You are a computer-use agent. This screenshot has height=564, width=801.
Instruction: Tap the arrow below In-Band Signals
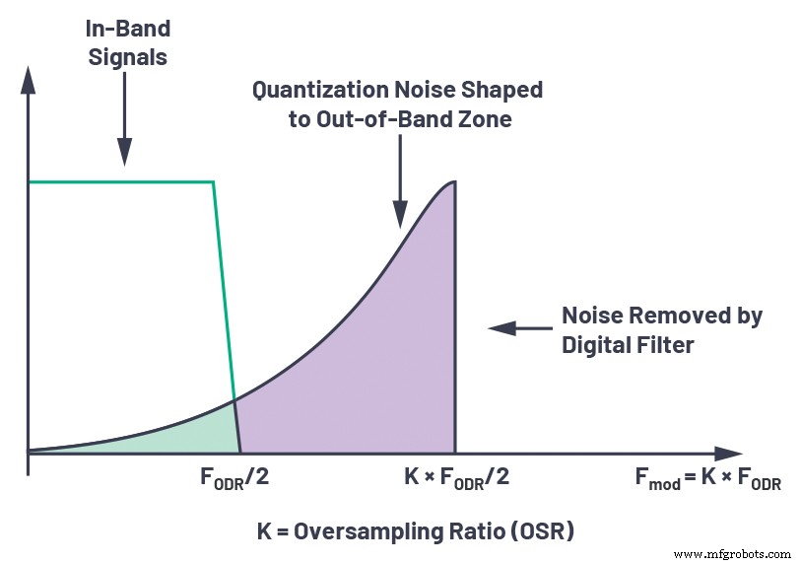coord(124,122)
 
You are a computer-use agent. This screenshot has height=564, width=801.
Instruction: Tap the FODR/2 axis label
coord(235,479)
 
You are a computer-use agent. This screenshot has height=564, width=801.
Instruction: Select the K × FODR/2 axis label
coord(456,479)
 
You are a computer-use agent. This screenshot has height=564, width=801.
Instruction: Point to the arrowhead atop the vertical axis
coord(30,80)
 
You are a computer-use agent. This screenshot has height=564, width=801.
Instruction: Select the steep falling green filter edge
coord(225,296)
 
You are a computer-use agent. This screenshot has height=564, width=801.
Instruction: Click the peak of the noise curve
coord(452,182)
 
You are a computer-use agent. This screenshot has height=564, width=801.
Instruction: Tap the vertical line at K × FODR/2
coord(454,325)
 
